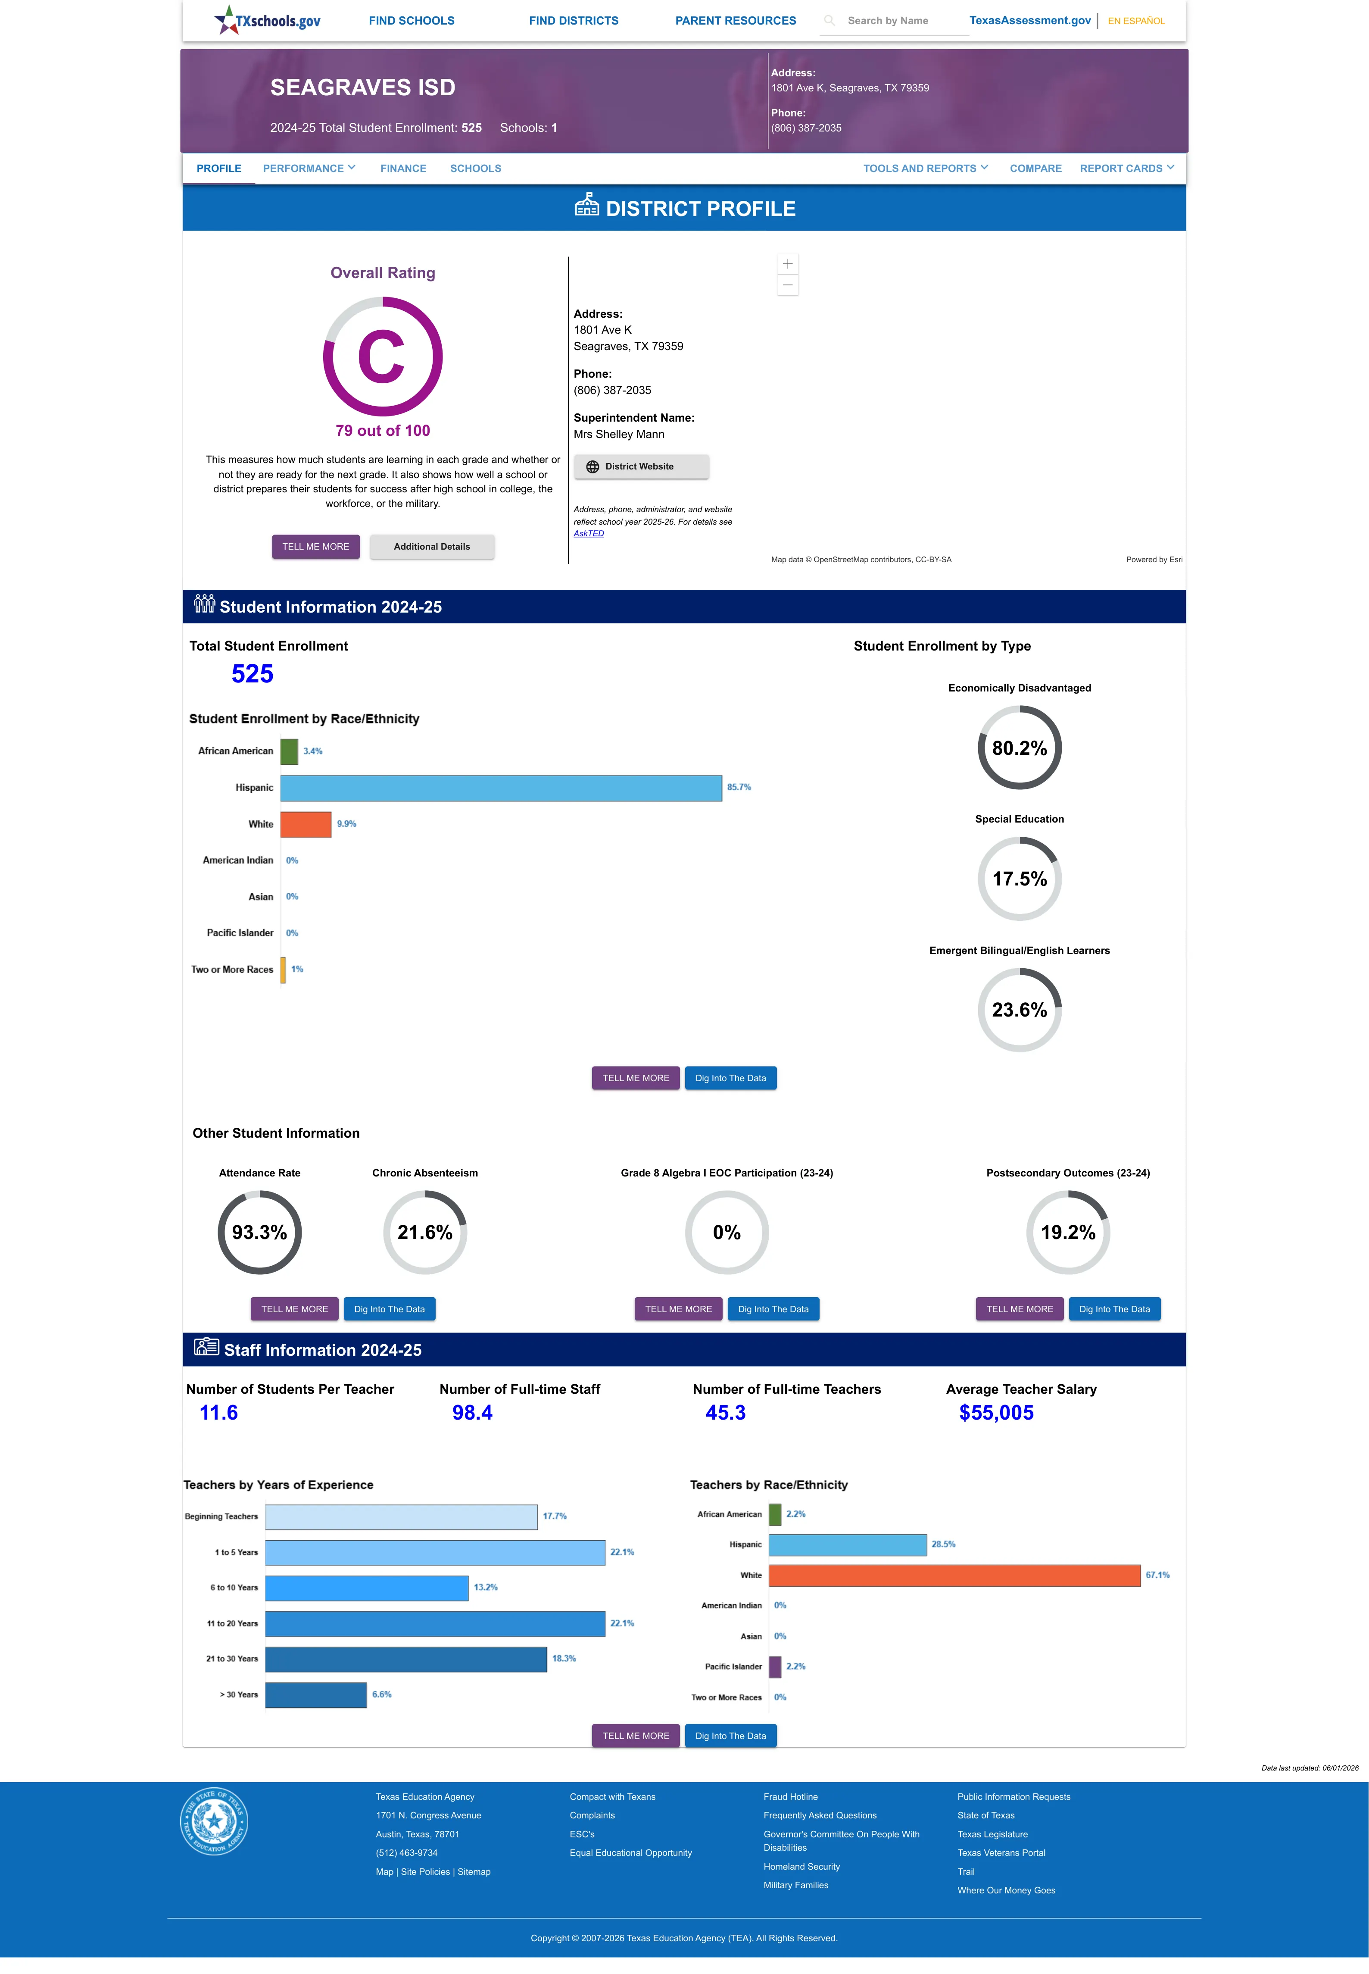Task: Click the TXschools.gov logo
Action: (267, 20)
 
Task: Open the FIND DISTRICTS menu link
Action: (573, 21)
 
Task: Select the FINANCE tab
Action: (403, 168)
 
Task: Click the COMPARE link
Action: (1035, 168)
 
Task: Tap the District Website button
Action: (641, 467)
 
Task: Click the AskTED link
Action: (589, 534)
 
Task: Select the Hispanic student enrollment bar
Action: (501, 788)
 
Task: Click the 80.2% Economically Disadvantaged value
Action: (1019, 748)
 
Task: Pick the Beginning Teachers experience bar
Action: (402, 1517)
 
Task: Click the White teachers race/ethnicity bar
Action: (955, 1575)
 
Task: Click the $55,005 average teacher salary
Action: (996, 1413)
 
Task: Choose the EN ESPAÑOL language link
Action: (1136, 21)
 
